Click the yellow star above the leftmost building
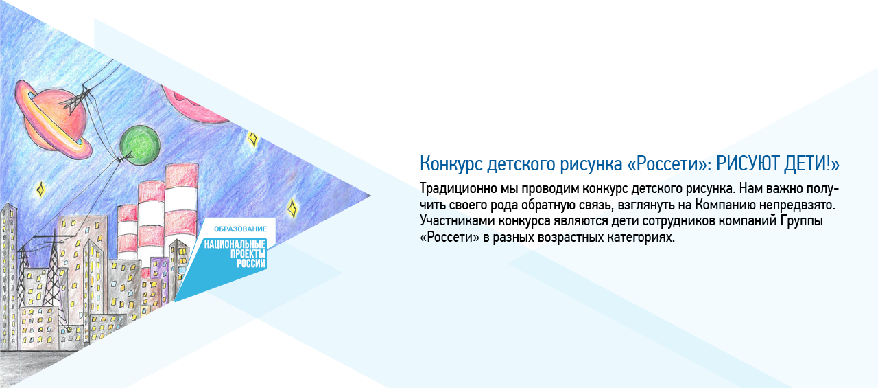[x=40, y=187]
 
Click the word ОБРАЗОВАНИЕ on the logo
[x=239, y=227]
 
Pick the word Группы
[x=801, y=222]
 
